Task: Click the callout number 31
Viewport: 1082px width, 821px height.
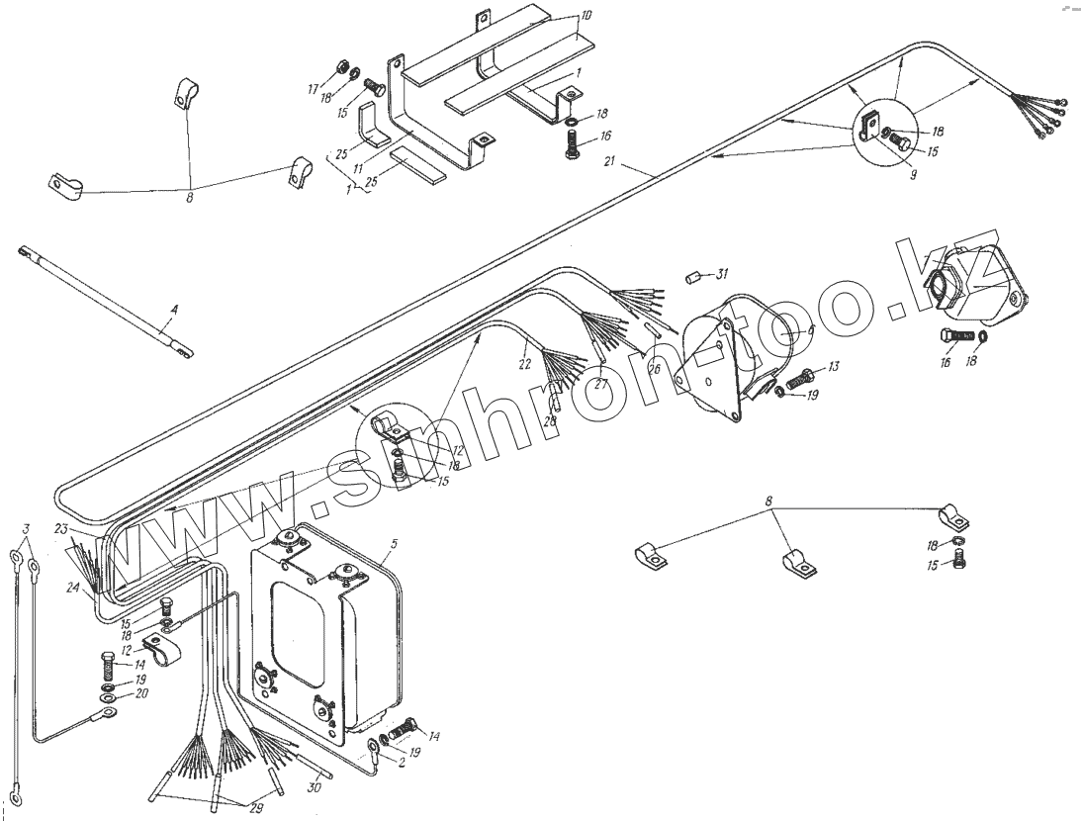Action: tap(722, 273)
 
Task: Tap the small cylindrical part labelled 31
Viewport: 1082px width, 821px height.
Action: tap(694, 277)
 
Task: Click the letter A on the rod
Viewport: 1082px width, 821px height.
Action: tap(174, 310)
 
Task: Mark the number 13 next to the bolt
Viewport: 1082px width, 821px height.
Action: tap(833, 368)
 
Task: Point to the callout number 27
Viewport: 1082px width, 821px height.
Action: tap(599, 385)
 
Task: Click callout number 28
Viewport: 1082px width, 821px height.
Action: tap(550, 420)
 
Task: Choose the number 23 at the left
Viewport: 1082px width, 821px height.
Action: tap(60, 528)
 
